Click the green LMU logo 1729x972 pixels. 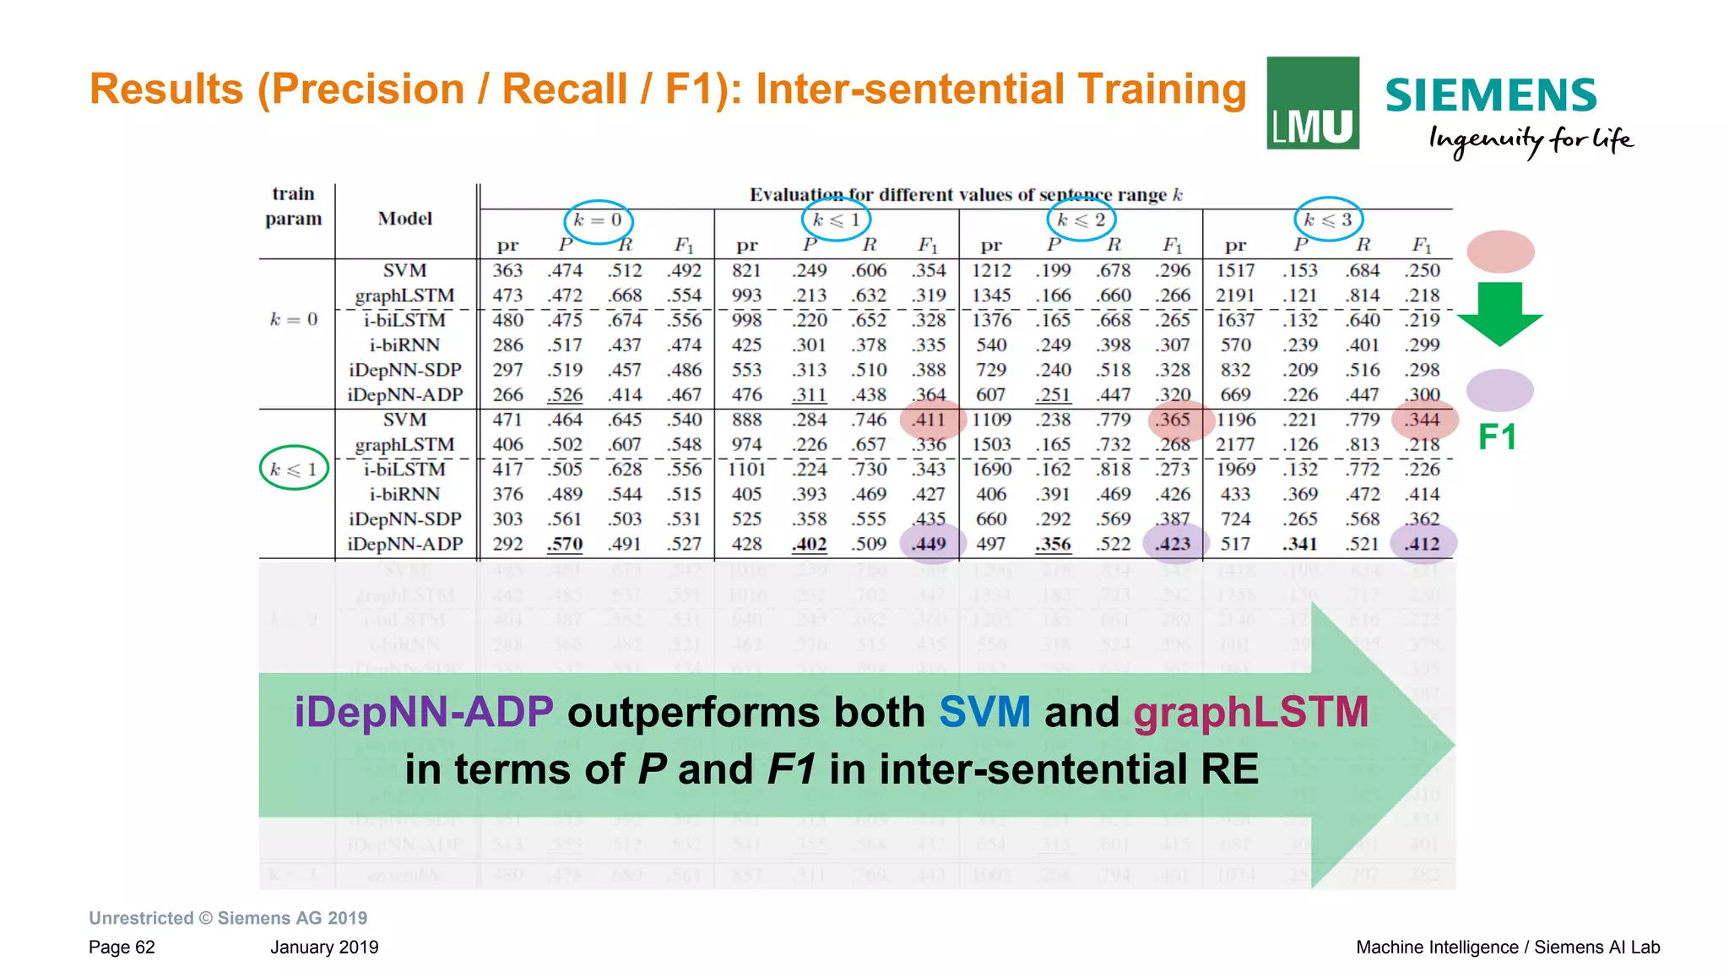coord(1312,103)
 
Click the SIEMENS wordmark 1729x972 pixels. coord(1490,95)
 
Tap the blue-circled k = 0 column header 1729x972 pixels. coord(598,221)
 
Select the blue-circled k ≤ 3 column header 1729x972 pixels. coord(1328,220)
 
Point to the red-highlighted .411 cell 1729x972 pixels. coord(930,420)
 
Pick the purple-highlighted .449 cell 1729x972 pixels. coord(930,544)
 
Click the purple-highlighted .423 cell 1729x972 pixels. coord(1173,544)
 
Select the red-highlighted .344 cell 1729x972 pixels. coord(1423,420)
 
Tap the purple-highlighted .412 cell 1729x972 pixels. coord(1423,544)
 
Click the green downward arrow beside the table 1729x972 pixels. coord(1500,314)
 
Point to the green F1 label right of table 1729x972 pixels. coord(1498,437)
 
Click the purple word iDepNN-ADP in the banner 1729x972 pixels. coord(424,712)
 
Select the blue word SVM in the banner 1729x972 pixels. coord(984,712)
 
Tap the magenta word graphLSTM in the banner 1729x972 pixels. coord(1250,712)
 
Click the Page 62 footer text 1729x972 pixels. coord(122,948)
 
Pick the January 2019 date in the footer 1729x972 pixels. coord(324,948)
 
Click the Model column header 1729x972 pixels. coord(405,219)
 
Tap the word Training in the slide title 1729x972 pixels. coord(1162,90)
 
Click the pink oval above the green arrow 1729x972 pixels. coord(1500,252)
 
